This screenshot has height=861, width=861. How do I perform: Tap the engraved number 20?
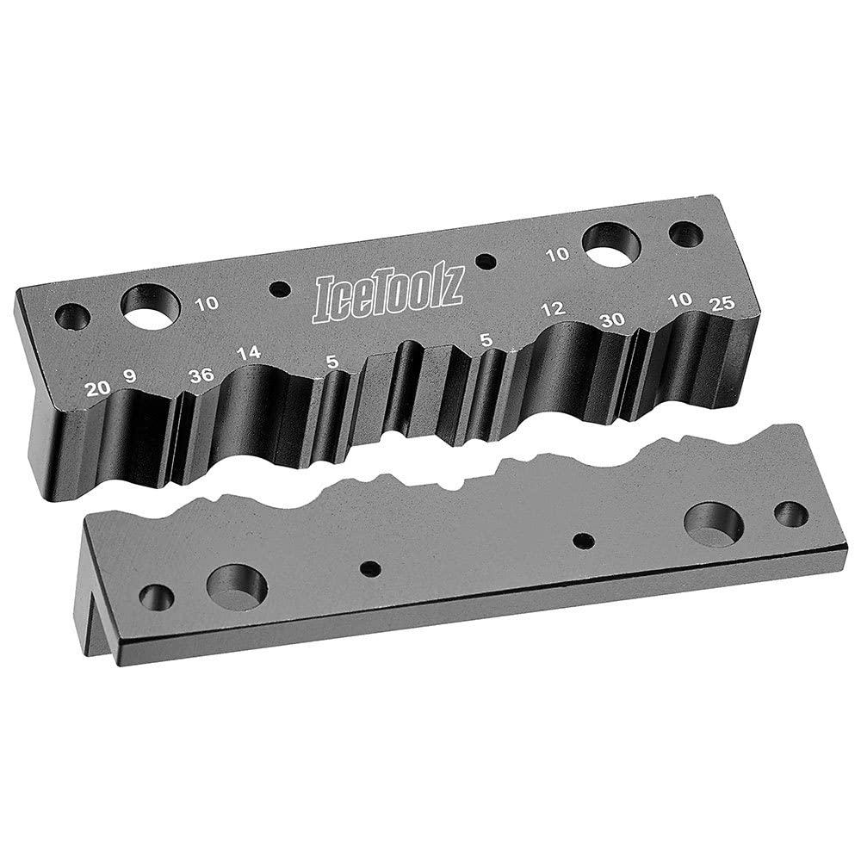coord(97,388)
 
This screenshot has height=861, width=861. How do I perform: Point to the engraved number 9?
coord(129,375)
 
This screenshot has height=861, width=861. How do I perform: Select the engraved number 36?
coord(201,375)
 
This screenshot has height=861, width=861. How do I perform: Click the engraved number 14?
coord(248,353)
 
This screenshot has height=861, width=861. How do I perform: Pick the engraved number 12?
coord(553,309)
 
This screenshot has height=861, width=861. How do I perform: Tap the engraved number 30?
coord(611,319)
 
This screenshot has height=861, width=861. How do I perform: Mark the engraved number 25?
coord(720,303)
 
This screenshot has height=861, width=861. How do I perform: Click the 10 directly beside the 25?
coord(680,299)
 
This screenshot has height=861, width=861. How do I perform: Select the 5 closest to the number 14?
coord(332,363)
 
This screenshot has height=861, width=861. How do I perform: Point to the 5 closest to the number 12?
coord(486,341)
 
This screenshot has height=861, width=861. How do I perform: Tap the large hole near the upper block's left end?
coord(151,307)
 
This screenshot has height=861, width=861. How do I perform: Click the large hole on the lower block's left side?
coord(237,586)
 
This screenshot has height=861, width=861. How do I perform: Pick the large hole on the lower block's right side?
coord(714,523)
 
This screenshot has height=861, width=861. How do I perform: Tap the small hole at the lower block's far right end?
coord(790,514)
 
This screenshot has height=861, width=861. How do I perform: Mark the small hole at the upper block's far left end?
coord(72,317)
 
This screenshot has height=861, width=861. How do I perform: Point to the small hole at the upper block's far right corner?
coord(686,234)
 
